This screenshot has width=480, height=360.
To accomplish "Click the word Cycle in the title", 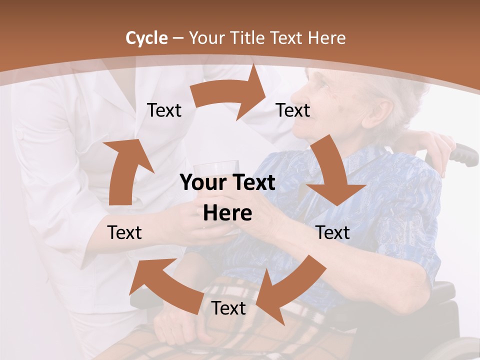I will pyautogui.click(x=146, y=38).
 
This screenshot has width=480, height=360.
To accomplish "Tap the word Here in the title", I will pyautogui.click(x=326, y=38).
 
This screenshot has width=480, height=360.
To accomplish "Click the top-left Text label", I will pyautogui.click(x=164, y=110).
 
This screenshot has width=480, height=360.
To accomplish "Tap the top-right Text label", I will pyautogui.click(x=293, y=110).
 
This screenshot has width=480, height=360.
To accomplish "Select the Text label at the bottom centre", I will pyautogui.click(x=228, y=308).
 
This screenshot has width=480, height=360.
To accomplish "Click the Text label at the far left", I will pyautogui.click(x=124, y=232).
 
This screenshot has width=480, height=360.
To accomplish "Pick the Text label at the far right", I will pyautogui.click(x=333, y=232).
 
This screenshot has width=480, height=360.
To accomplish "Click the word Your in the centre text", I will pyautogui.click(x=199, y=183).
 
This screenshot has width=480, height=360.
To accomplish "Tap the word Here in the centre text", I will pyautogui.click(x=227, y=213).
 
